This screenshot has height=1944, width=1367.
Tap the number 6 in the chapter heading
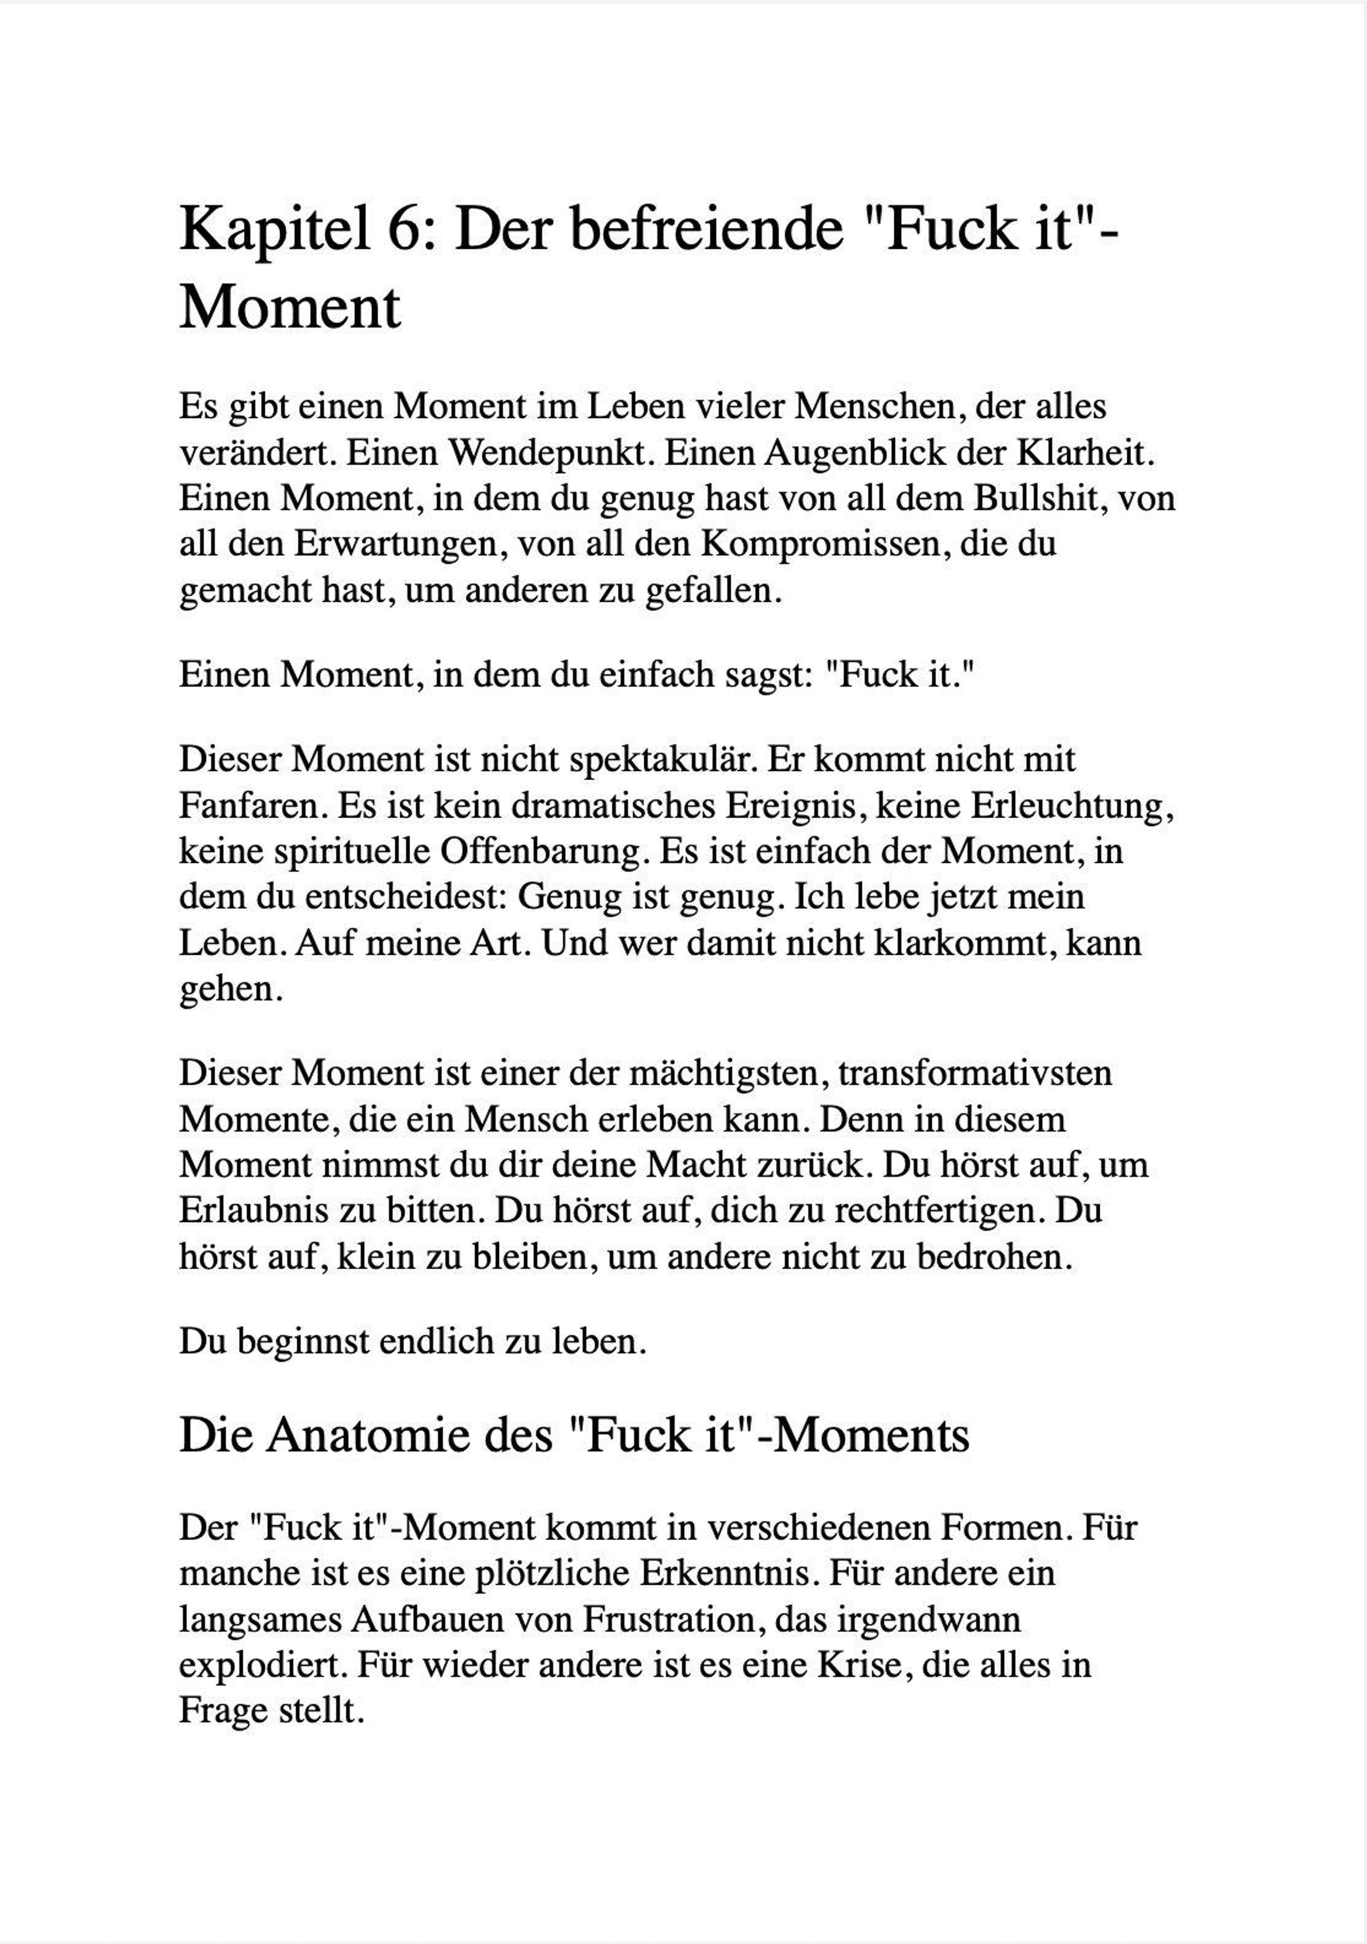coord(411,229)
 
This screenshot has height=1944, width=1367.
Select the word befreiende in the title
coord(649,229)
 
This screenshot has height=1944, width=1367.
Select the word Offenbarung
coord(541,851)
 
